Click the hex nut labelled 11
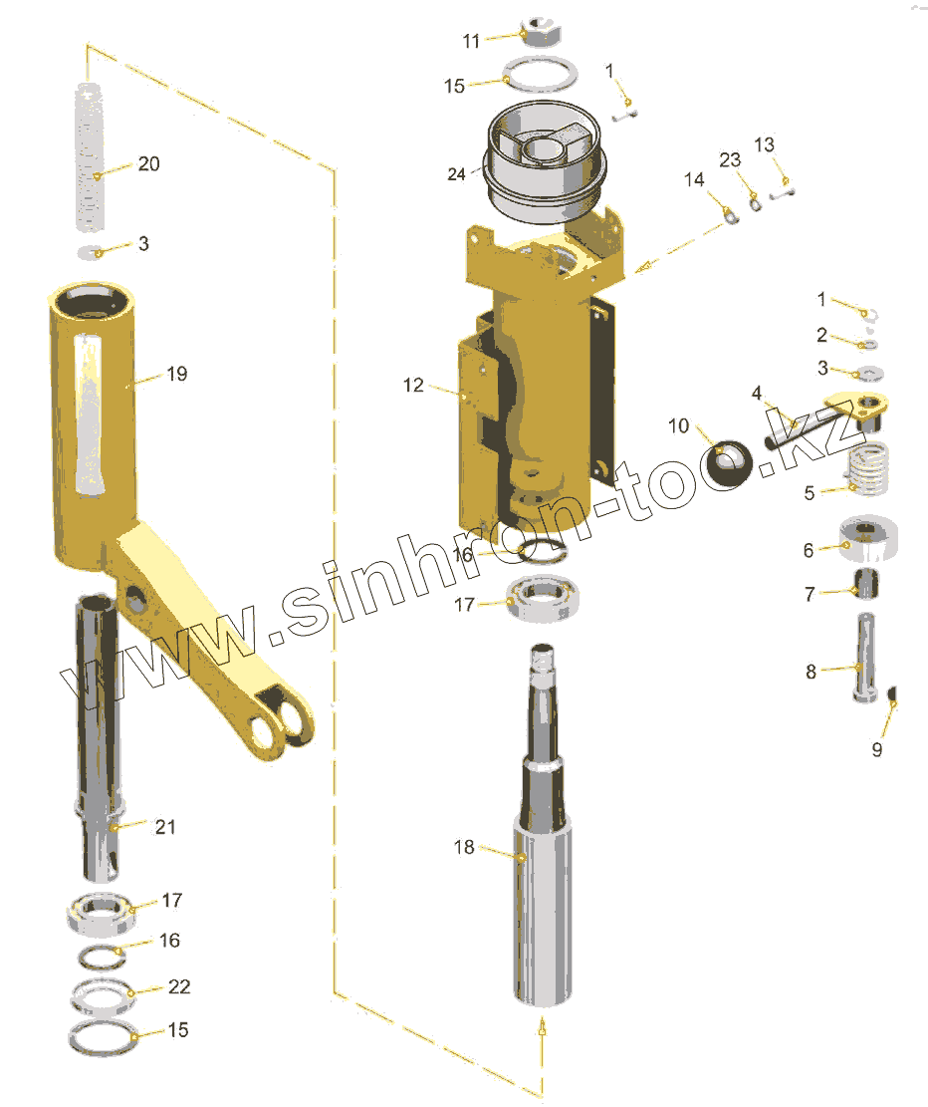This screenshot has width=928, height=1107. coord(541,32)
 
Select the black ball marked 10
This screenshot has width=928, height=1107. coord(730,464)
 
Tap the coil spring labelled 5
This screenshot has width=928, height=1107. coord(868,468)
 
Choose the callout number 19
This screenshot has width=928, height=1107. coord(177,374)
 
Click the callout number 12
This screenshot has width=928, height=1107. coord(413,385)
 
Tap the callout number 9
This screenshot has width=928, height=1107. coord(877,749)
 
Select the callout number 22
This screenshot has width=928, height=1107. coord(179,986)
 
